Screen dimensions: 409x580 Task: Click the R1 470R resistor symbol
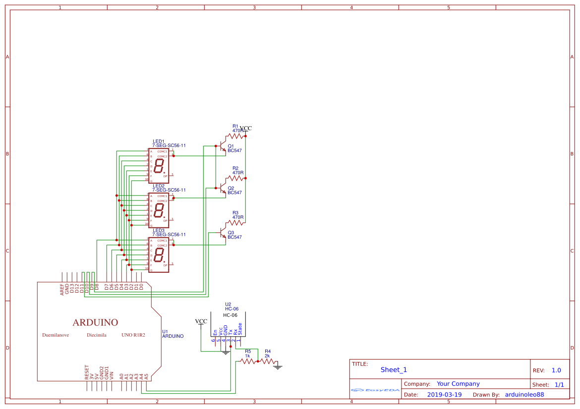click(235, 136)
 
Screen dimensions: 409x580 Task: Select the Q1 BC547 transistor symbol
click(223, 147)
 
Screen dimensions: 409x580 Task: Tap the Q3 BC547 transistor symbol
click(223, 232)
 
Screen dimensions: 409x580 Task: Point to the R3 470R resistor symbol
click(235, 223)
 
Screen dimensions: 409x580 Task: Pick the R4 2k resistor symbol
click(267, 361)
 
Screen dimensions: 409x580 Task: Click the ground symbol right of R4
click(278, 367)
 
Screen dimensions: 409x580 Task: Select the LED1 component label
click(159, 141)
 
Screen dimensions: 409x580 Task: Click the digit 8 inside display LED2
click(159, 210)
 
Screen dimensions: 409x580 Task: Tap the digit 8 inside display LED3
click(159, 255)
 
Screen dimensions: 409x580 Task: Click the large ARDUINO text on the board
click(95, 323)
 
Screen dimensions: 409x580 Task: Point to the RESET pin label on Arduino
click(87, 372)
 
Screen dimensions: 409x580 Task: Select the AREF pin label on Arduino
click(62, 289)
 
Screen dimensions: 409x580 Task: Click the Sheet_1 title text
click(394, 370)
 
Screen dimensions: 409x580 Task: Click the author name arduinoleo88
click(524, 395)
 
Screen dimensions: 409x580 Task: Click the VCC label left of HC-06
click(201, 321)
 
